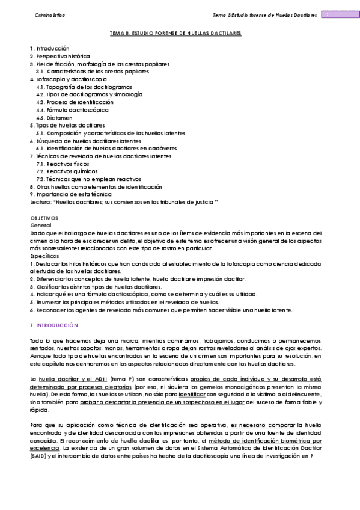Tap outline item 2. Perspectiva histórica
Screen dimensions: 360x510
[x=60, y=55]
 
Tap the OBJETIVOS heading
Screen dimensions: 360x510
[x=44, y=216]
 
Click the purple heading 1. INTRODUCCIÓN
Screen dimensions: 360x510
[x=54, y=325]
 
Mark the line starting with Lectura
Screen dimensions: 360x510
[x=124, y=203]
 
